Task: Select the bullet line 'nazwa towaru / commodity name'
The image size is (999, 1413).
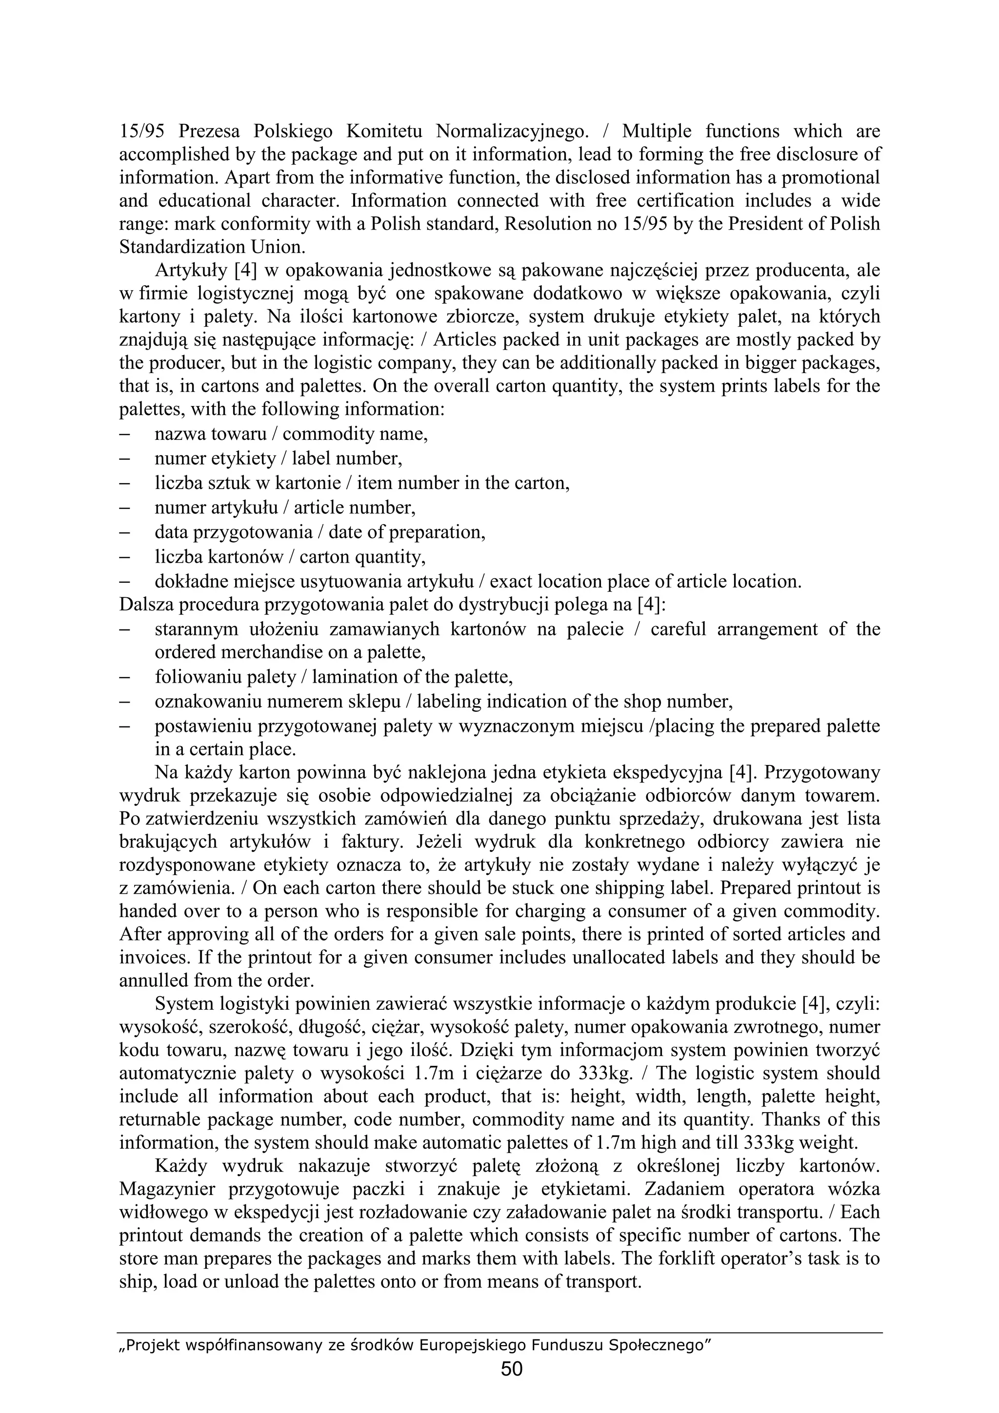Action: [291, 434]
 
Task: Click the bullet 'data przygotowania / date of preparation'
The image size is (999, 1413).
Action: [320, 532]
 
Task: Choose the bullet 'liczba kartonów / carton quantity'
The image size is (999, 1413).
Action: [290, 557]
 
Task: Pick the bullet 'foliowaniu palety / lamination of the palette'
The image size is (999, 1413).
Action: [334, 677]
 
